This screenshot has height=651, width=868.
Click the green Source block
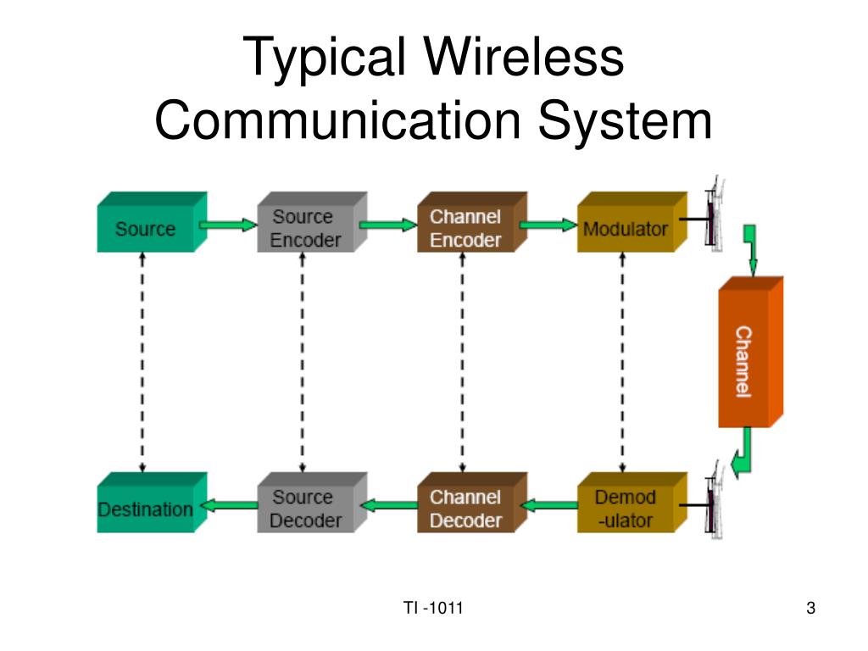[147, 227]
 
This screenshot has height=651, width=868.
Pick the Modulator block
[626, 227]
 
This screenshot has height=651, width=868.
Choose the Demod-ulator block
[626, 508]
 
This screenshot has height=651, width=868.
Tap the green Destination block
[147, 508]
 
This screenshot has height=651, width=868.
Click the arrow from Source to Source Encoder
[227, 225]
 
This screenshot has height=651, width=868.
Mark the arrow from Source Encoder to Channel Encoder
[387, 225]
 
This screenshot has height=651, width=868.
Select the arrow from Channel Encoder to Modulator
[548, 225]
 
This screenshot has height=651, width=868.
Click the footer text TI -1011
[433, 608]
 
